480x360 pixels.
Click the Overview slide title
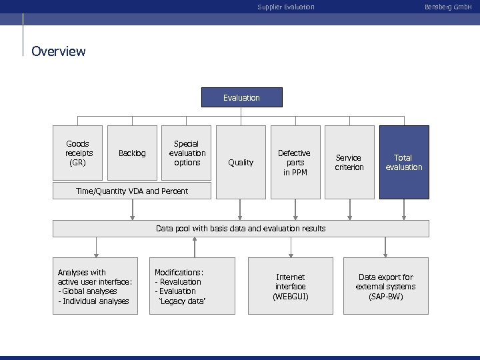59,51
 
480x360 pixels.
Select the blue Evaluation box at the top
241,97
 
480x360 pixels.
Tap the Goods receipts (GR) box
78,153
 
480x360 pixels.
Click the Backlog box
132,153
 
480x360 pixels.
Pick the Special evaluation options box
187,153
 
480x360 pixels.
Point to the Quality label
241,162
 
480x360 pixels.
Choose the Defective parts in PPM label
294,162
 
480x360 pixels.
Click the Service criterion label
349,162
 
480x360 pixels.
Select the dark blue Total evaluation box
404,162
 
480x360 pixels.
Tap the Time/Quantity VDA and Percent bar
132,191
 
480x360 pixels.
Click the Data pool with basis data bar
241,229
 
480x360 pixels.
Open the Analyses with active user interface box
95,286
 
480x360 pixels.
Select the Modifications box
193,286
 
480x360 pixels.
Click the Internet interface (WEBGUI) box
290,286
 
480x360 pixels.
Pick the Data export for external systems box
385,286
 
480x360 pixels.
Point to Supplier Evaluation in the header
286,7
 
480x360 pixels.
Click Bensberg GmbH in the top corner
457,7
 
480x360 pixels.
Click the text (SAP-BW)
385,296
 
